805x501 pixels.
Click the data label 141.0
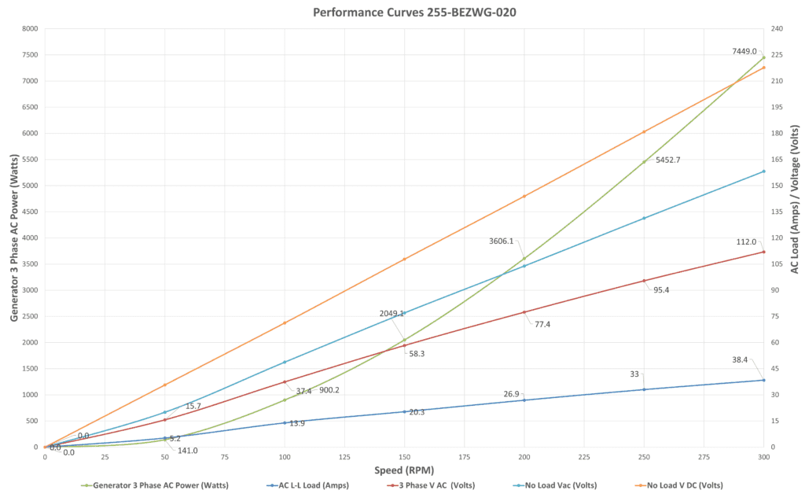point(186,451)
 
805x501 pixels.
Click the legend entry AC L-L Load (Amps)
point(311,484)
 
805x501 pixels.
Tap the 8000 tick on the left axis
point(30,28)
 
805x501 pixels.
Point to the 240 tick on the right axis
point(776,28)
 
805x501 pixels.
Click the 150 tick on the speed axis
point(404,457)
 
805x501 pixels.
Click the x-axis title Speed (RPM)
point(404,470)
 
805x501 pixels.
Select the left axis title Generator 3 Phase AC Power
point(14,238)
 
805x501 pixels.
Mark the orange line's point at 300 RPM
point(763,67)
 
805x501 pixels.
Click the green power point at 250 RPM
point(644,162)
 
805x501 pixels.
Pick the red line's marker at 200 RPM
point(524,312)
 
